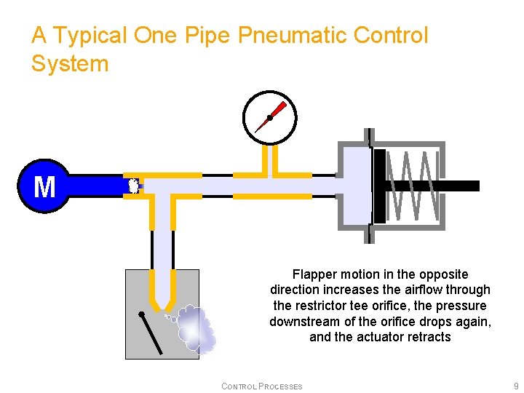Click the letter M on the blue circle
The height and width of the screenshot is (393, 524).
click(x=44, y=187)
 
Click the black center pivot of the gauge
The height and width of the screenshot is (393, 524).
click(x=269, y=118)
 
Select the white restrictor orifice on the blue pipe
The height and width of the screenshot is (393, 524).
click(x=133, y=186)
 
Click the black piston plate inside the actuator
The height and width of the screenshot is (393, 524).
click(x=379, y=186)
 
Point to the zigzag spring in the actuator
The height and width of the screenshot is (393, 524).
click(x=412, y=186)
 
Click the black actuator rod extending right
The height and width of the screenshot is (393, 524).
click(x=458, y=186)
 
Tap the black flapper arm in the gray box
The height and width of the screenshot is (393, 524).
click(x=151, y=332)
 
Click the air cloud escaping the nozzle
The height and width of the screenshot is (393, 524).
click(x=195, y=327)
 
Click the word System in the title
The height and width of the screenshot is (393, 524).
click(x=70, y=64)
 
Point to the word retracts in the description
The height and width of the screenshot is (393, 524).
click(x=428, y=337)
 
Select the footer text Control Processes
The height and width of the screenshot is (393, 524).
click(x=262, y=386)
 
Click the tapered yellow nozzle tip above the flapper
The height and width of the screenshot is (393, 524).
click(x=162, y=300)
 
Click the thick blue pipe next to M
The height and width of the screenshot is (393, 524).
click(x=95, y=186)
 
